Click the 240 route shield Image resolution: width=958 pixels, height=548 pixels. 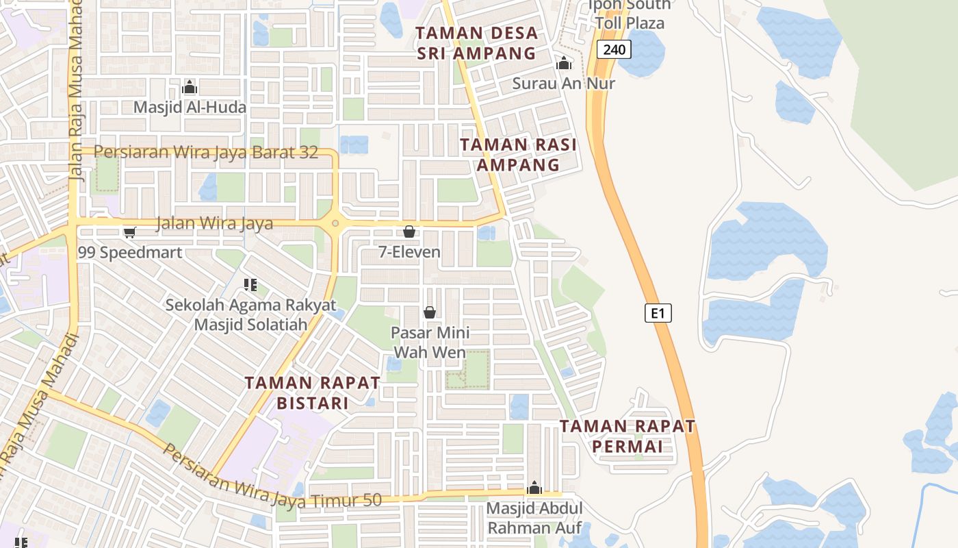tap(613, 49)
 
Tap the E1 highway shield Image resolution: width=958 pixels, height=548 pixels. tap(658, 313)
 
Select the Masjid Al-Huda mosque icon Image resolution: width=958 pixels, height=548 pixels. tap(190, 87)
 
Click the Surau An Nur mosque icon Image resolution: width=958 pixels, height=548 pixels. tap(564, 63)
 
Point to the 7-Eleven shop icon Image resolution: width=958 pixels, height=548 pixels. tap(409, 232)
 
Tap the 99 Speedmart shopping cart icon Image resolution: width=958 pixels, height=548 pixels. tap(129, 232)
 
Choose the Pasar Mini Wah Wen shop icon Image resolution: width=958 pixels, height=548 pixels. tap(430, 312)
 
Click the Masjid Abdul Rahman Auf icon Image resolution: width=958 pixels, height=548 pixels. tap(534, 488)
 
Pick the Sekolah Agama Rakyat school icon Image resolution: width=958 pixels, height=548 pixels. tap(250, 284)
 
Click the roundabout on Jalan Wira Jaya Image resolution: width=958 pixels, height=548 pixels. tap(335, 223)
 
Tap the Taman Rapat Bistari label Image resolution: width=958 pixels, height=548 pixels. tap(313, 393)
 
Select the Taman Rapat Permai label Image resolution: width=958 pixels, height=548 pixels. tap(627, 436)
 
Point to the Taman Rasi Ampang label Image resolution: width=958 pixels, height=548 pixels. tap(518, 155)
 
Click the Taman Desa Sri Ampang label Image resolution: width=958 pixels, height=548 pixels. tap(476, 43)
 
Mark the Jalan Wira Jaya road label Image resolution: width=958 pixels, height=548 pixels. tap(214, 223)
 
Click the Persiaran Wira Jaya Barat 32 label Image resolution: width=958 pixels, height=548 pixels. tap(206, 152)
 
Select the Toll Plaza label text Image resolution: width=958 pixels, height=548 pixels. tap(630, 23)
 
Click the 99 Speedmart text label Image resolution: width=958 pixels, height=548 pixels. tap(130, 253)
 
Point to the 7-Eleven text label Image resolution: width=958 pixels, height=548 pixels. tap(409, 252)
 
